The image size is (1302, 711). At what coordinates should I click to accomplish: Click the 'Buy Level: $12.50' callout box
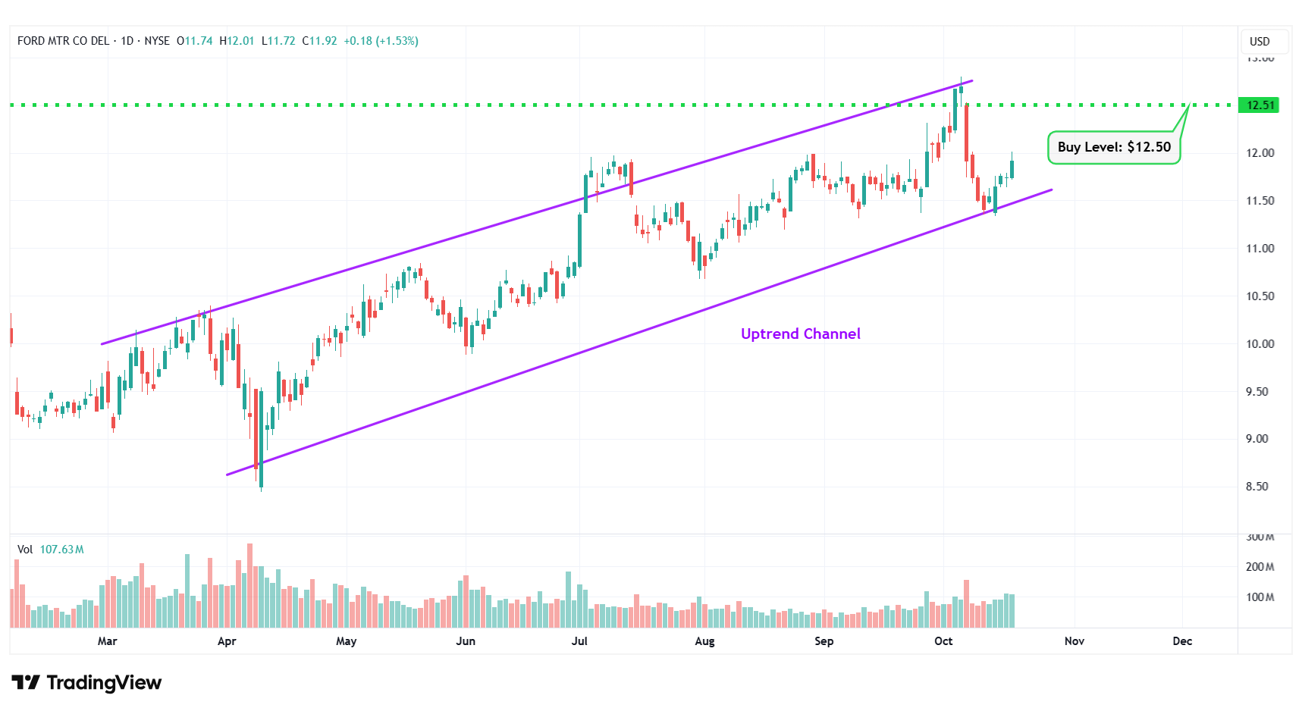tap(1113, 147)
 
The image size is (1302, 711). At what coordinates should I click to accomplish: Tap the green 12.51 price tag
tap(1260, 105)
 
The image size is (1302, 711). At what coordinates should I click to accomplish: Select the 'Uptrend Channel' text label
tap(800, 334)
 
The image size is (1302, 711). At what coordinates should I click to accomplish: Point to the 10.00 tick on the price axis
tap(1260, 343)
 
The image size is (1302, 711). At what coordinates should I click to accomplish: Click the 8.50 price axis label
tap(1257, 487)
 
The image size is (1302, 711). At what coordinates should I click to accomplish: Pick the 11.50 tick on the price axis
tap(1260, 201)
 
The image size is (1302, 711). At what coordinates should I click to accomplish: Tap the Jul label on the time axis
tap(579, 641)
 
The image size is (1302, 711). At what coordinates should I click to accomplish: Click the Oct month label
tap(943, 641)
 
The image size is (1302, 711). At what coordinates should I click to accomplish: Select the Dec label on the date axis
tap(1182, 641)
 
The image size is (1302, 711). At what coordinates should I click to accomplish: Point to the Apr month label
tap(227, 641)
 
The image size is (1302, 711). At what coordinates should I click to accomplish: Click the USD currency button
tap(1260, 42)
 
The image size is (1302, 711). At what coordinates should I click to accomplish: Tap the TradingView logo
tap(87, 683)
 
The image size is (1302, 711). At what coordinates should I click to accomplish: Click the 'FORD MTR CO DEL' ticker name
tap(63, 41)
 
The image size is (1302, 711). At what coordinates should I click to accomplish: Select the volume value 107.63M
tap(61, 550)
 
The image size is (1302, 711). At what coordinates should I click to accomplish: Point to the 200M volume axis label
tap(1260, 567)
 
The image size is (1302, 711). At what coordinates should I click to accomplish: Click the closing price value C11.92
tap(319, 41)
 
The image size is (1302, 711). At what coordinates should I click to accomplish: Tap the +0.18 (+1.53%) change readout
tap(381, 41)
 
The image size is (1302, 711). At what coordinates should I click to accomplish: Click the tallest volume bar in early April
tap(249, 585)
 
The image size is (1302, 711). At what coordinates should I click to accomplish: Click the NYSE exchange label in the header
tap(157, 41)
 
